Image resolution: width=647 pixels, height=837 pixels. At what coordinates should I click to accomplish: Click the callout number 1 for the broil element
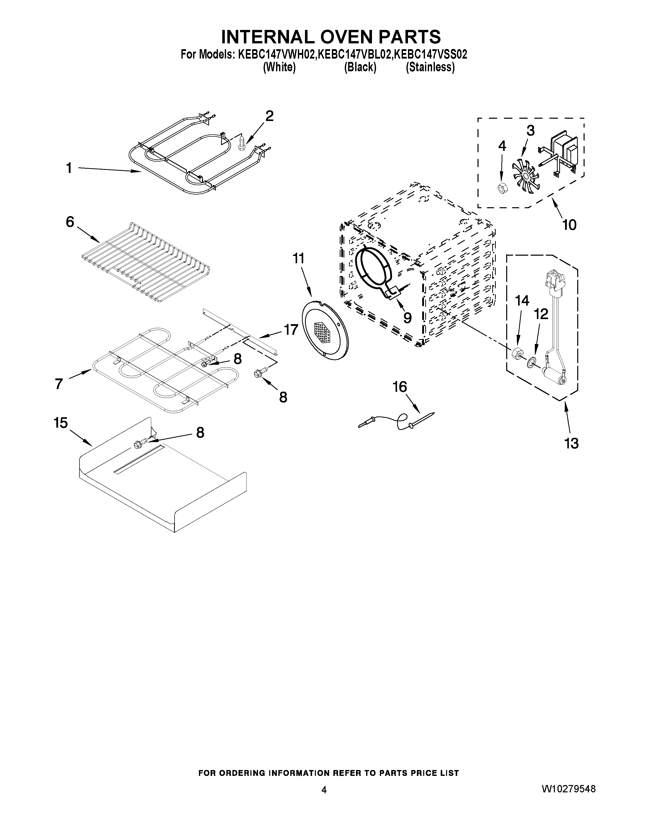tap(69, 168)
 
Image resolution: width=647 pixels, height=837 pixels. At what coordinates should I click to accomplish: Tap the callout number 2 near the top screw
tap(269, 116)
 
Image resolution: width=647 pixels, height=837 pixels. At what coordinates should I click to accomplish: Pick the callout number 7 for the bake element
tap(59, 383)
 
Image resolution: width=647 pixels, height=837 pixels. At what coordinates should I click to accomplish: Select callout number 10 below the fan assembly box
tap(569, 225)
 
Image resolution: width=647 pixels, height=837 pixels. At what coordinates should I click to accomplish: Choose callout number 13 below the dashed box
tap(571, 443)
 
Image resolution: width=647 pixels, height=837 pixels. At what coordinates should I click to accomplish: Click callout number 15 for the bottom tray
tap(61, 423)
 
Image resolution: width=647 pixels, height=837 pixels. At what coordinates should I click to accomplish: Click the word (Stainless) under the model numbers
tap(430, 67)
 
